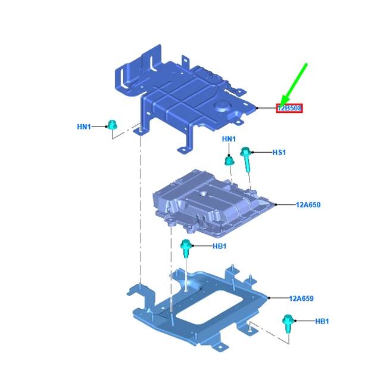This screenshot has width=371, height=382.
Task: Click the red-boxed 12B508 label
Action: coord(289,108)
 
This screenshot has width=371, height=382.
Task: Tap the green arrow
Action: coord(293,85)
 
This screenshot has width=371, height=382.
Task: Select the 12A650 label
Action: coord(308,205)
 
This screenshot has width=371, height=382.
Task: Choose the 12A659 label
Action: coord(301,298)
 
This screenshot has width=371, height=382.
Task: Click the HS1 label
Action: coord(279,153)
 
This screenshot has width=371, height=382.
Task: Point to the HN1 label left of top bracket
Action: coord(84,127)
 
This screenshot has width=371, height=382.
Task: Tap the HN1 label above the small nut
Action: coord(229,139)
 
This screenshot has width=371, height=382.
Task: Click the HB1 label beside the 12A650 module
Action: coord(220,247)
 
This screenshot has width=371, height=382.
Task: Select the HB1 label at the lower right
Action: coord(322,321)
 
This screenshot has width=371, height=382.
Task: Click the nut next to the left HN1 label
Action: coord(112,125)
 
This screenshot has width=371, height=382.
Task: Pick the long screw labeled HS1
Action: coord(247,159)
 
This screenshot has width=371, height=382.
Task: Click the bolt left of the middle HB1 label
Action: coord(186,248)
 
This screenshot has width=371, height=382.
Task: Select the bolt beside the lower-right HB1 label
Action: coord(288,324)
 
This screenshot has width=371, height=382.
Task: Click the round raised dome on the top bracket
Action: coord(222,106)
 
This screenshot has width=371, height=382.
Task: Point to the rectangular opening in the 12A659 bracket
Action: coord(210,306)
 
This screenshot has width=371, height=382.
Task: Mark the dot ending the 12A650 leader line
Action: coord(276,205)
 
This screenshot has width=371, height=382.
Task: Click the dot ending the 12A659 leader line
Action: coord(269,298)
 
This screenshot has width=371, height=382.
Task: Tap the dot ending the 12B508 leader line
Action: coord(257,108)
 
